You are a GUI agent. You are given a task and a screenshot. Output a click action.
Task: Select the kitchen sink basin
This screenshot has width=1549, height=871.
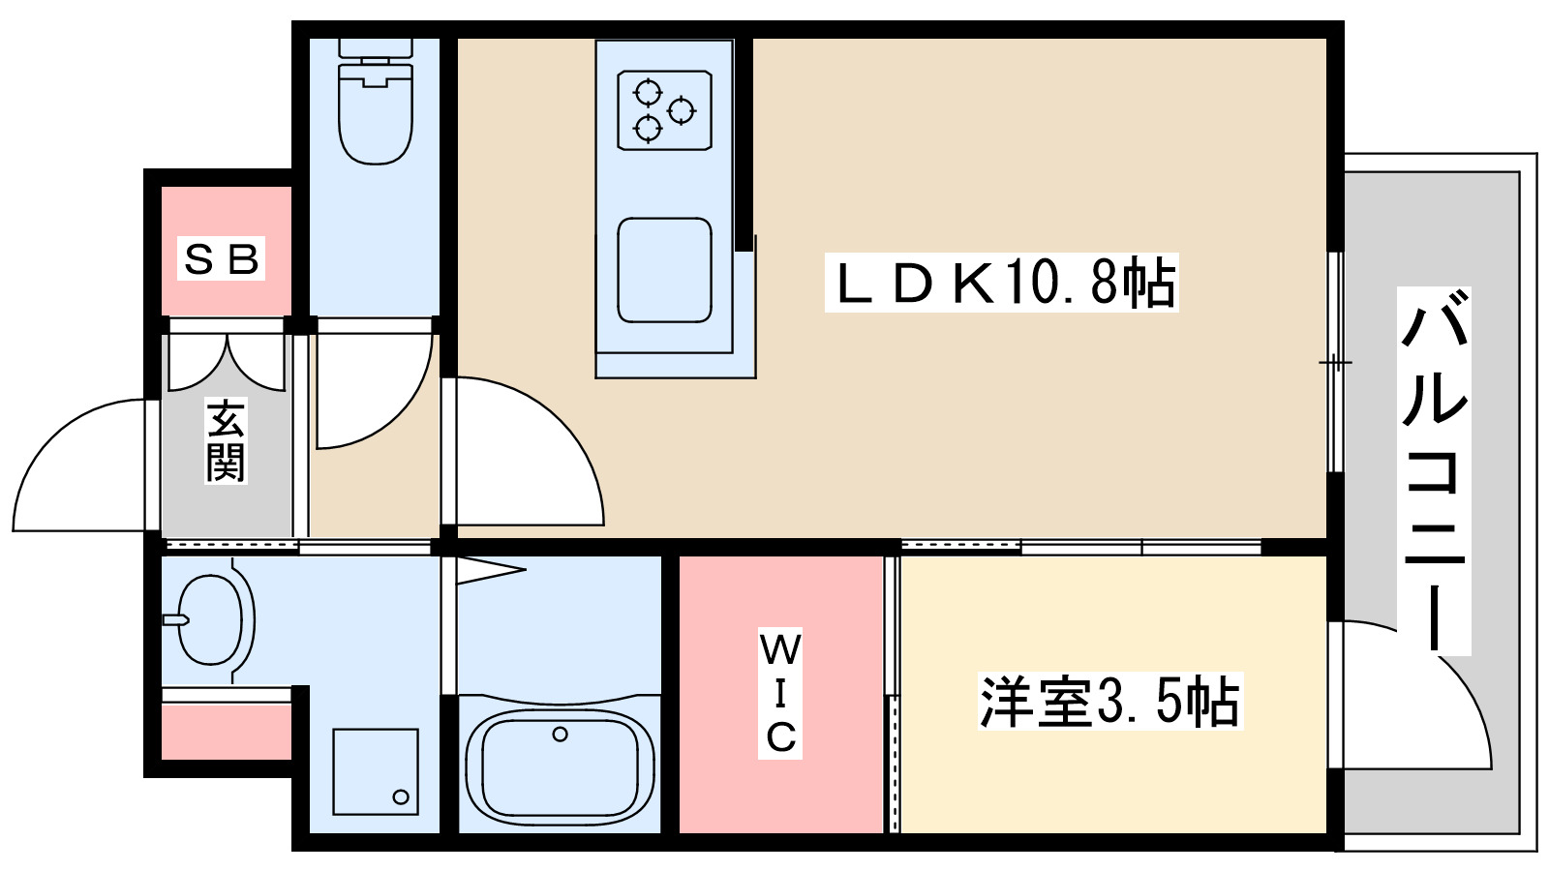point(664,270)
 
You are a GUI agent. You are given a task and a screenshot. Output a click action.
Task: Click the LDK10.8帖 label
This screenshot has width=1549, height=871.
point(1001,284)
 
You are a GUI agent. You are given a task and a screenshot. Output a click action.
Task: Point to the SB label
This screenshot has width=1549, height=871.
point(223,259)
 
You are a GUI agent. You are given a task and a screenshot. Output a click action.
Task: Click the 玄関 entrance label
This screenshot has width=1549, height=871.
point(226,441)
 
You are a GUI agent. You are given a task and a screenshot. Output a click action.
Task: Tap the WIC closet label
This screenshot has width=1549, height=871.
point(780,693)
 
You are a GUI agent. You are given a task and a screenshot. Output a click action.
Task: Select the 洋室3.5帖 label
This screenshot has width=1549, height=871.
point(1109,702)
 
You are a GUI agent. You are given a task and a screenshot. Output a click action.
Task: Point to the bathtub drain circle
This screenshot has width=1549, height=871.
point(560,735)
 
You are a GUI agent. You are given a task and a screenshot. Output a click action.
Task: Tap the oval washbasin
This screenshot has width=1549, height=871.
point(209,619)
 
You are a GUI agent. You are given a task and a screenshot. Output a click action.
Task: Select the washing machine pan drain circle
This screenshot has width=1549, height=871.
point(401,797)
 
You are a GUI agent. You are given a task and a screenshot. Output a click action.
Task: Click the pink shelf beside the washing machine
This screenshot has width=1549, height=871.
point(226,733)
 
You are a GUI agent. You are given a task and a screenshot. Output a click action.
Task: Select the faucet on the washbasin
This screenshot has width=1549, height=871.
point(175,619)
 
